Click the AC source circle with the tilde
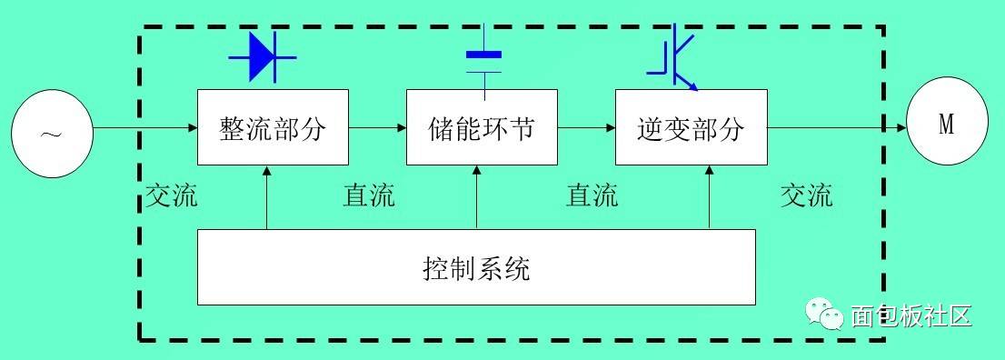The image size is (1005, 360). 52,134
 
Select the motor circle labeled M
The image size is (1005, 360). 946,125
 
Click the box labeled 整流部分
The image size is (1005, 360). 273,127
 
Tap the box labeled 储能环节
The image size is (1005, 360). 482,127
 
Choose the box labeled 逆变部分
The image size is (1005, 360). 691,127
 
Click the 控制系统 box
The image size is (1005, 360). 476,266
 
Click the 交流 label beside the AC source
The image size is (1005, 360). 171,195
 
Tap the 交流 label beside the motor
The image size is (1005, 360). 806,195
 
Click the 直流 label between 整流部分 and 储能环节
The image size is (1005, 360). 369,195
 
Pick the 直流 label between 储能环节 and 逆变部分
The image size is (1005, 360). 592,195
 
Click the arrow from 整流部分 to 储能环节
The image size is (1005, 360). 377,127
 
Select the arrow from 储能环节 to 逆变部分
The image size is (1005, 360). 586,127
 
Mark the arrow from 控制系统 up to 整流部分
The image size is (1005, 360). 267,196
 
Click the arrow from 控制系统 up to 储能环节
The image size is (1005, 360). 477,196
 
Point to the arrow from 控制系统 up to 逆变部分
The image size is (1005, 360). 709,196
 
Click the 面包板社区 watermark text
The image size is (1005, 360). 911,315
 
